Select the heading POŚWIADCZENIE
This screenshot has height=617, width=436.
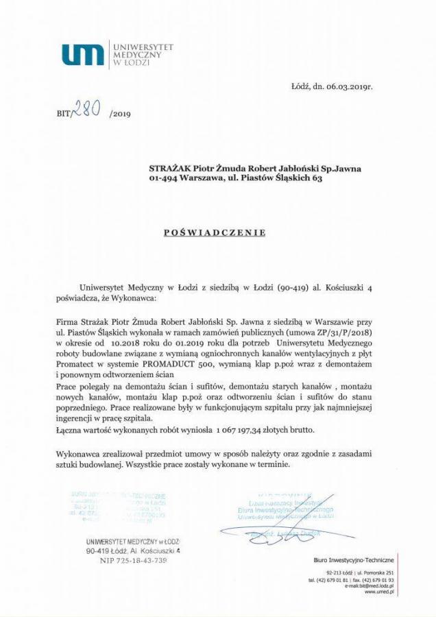(215, 232)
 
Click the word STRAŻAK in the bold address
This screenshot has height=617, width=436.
(169, 167)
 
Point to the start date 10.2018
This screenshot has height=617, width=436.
(130, 341)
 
